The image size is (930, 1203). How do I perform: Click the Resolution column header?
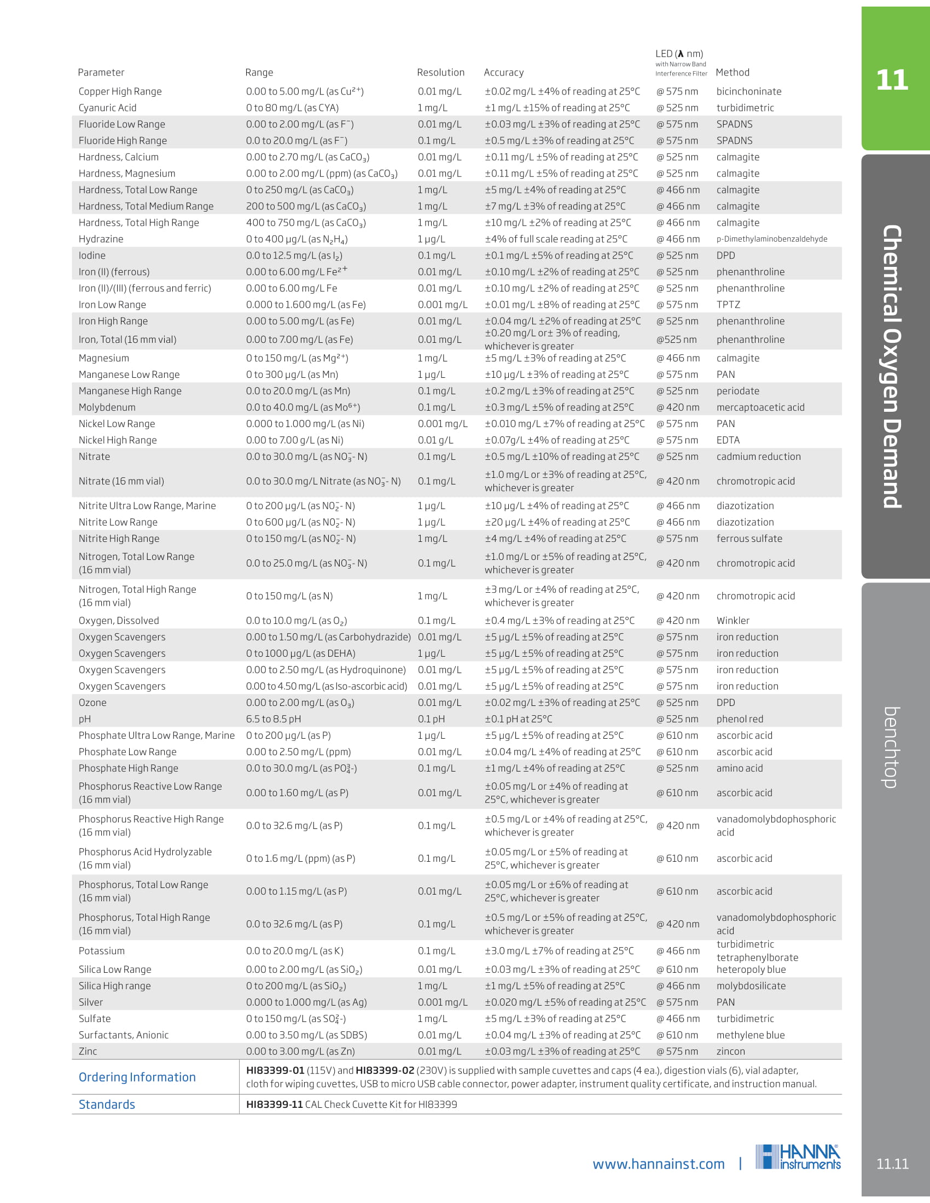[440, 72]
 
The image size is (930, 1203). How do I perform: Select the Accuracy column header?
[503, 72]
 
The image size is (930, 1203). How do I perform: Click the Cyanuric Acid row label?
[107, 108]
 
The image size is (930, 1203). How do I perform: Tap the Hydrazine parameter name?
[101, 239]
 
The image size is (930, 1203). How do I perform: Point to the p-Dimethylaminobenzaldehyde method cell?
[771, 239]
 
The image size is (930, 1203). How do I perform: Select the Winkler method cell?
[732, 621]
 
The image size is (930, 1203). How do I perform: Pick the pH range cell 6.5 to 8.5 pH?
[274, 720]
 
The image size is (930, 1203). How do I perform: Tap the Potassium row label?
[101, 951]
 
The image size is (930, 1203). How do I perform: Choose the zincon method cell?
[730, 1052]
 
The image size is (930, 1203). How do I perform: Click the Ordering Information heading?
[137, 1077]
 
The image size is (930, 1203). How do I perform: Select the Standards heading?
[107, 1105]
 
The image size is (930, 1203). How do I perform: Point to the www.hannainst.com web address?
[658, 1164]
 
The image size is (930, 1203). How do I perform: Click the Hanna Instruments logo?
[798, 1157]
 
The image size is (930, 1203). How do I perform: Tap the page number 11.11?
[892, 1164]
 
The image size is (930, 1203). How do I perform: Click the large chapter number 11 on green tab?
[892, 80]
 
